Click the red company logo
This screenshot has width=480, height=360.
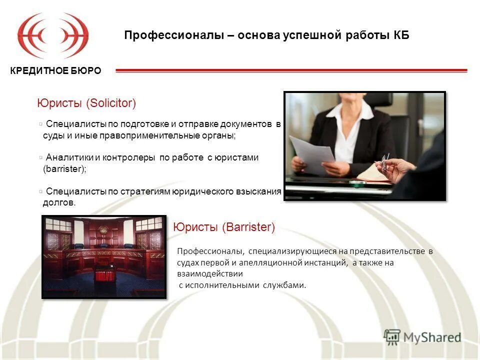point(53,36)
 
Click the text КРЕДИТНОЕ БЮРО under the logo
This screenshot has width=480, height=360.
point(55,70)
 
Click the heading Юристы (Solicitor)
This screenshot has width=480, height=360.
point(86,103)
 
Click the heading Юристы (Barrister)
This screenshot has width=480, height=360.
point(224,227)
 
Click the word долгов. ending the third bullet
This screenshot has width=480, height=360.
point(59,202)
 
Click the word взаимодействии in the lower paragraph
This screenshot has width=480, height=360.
point(209,273)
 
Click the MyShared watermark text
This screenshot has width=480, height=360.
point(433,337)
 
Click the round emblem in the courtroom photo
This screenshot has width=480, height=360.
point(103,231)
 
